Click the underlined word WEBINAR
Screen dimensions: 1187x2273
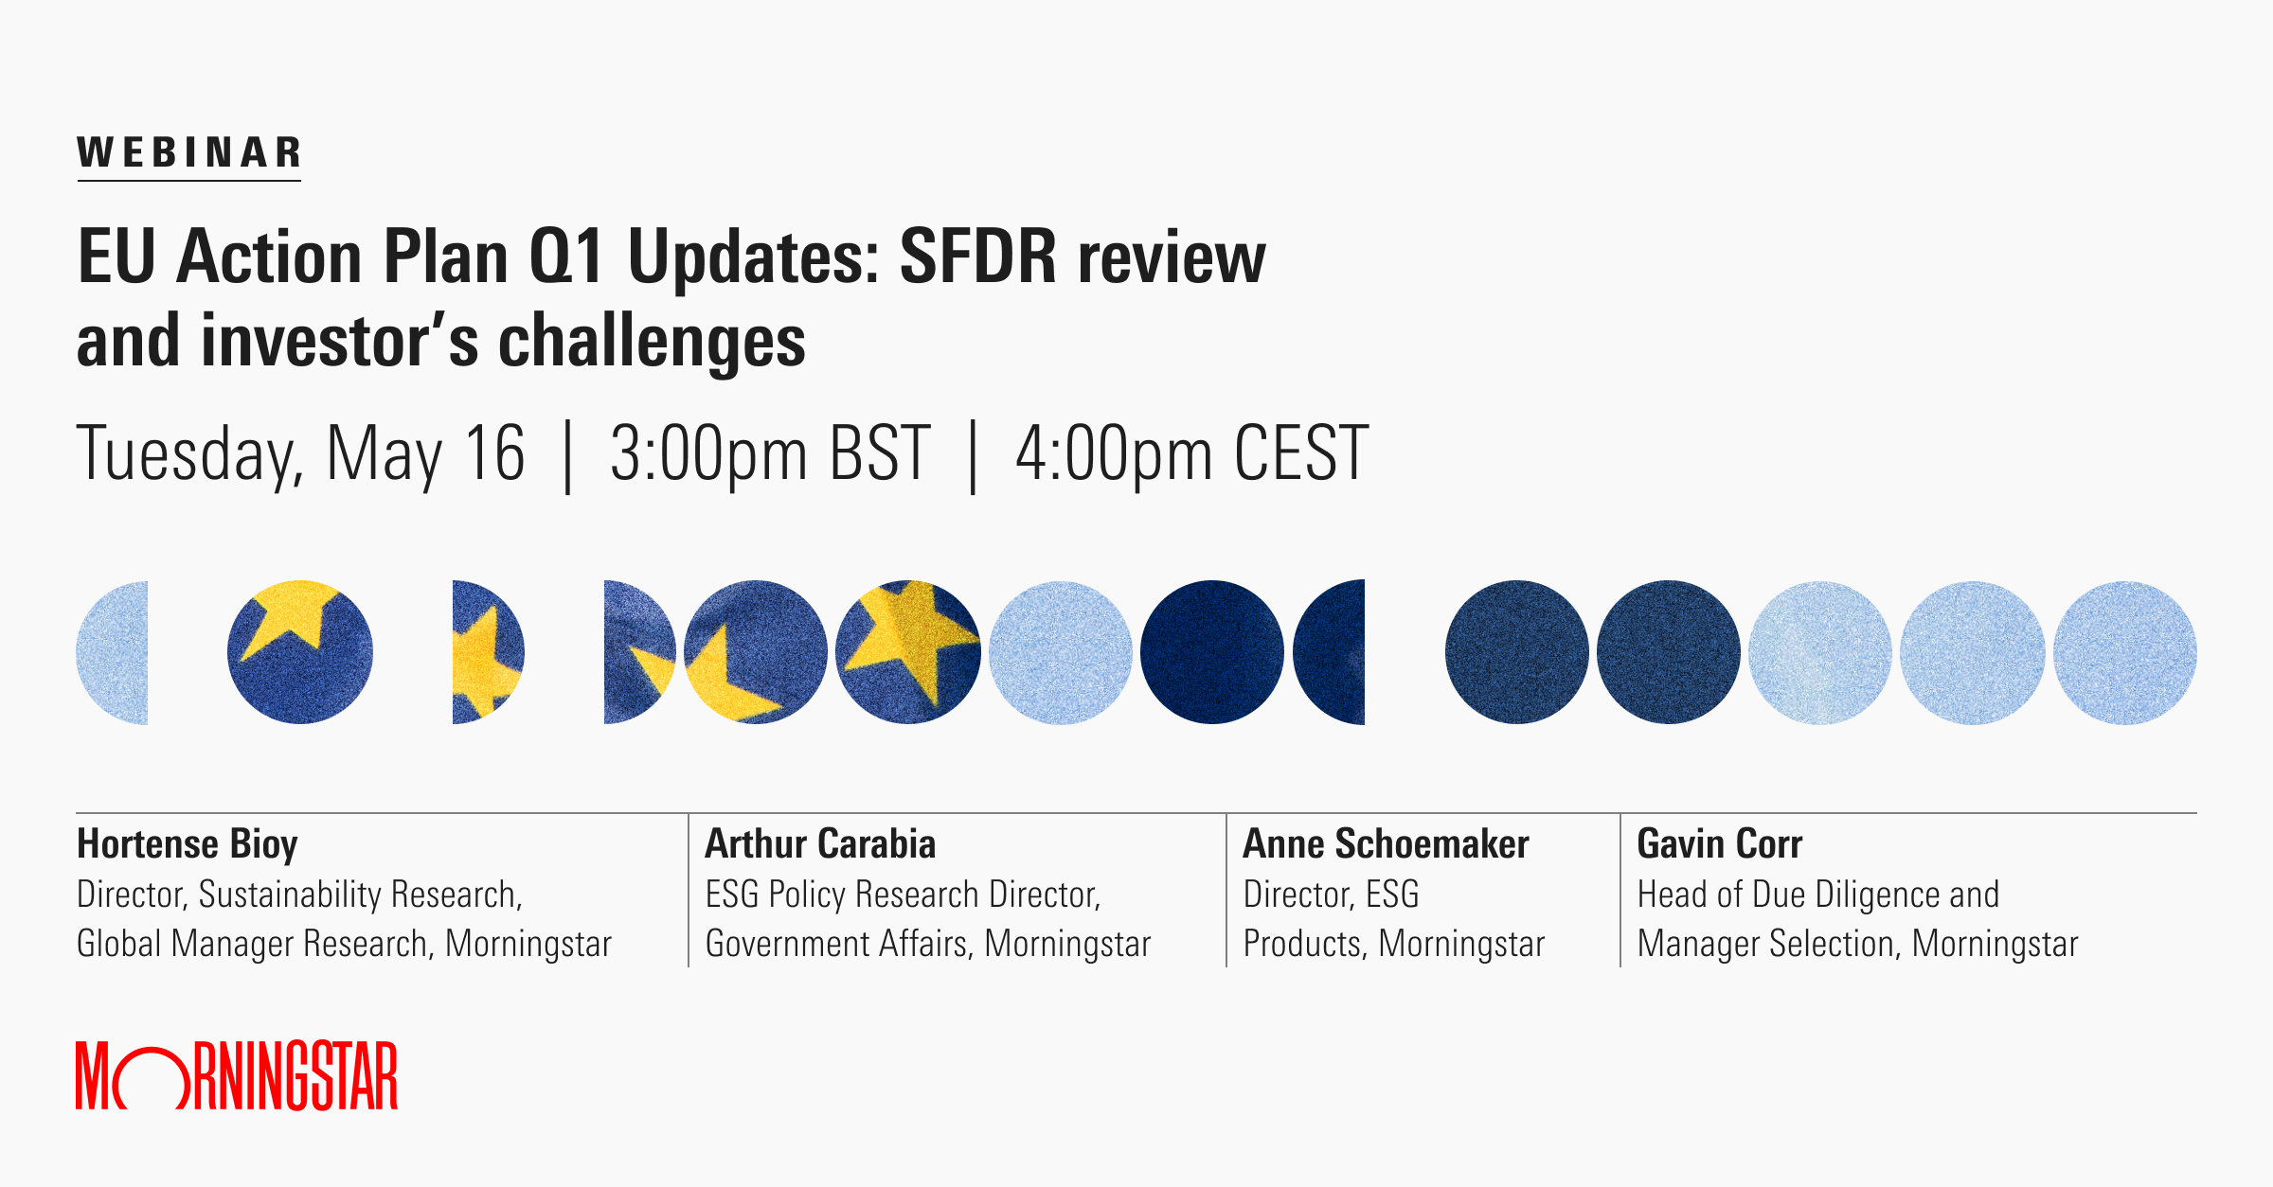tap(188, 153)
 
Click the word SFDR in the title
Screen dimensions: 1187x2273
tap(977, 257)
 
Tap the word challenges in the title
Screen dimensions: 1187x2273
tap(652, 342)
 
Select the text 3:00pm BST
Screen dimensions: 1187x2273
tap(769, 455)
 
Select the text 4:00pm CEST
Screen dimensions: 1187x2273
tap(1191, 455)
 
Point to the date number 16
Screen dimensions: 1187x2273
tap(495, 455)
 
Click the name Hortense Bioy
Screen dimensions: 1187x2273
tap(188, 844)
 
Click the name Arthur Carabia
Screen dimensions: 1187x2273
tap(820, 844)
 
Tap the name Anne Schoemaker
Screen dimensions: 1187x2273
tap(1386, 844)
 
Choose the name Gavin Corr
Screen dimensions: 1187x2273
tap(1719, 844)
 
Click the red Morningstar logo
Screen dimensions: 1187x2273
tap(237, 1076)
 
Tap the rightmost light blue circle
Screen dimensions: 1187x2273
tap(2124, 653)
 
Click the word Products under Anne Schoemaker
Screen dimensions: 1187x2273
tap(1303, 945)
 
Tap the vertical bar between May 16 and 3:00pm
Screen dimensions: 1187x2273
tap(567, 457)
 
